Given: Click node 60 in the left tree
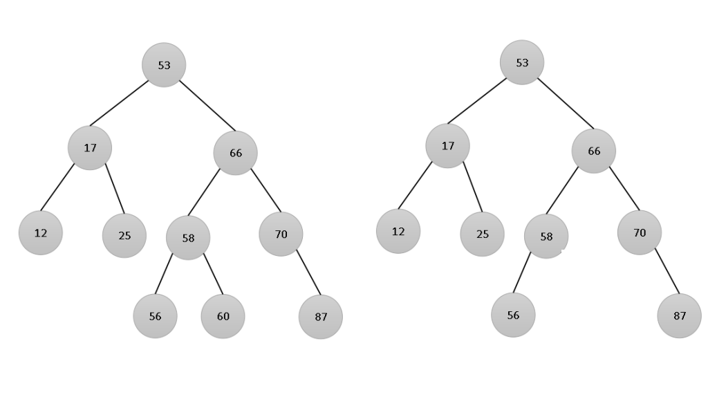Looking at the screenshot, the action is coord(223,316).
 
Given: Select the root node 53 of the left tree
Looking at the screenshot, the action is coord(164,65).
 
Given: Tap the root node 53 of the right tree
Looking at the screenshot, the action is coord(522,62).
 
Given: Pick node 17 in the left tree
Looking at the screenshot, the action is coord(90,147).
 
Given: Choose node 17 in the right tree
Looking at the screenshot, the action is coord(448,145).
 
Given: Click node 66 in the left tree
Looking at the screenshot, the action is coord(235,153).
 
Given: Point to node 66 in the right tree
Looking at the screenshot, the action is coord(594,151).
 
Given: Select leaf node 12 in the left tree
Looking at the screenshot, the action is coord(41,232).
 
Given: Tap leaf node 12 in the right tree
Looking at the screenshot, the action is coord(398,231).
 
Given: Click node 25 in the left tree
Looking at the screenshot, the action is coord(124,235).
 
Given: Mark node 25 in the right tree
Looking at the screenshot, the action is coord(482,234).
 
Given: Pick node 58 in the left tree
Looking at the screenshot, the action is coord(188,238).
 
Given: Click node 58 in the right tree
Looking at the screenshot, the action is coord(546,237).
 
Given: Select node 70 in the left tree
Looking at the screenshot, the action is coord(281,234).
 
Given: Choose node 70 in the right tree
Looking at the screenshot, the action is coord(640,233).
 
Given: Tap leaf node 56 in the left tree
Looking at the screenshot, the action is coord(155,316).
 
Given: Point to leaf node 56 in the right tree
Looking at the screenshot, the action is coord(513,315).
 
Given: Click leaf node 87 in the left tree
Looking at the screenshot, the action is coord(321,317).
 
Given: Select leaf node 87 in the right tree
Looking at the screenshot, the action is coord(680,315).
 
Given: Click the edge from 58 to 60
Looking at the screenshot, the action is coord(213,274).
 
